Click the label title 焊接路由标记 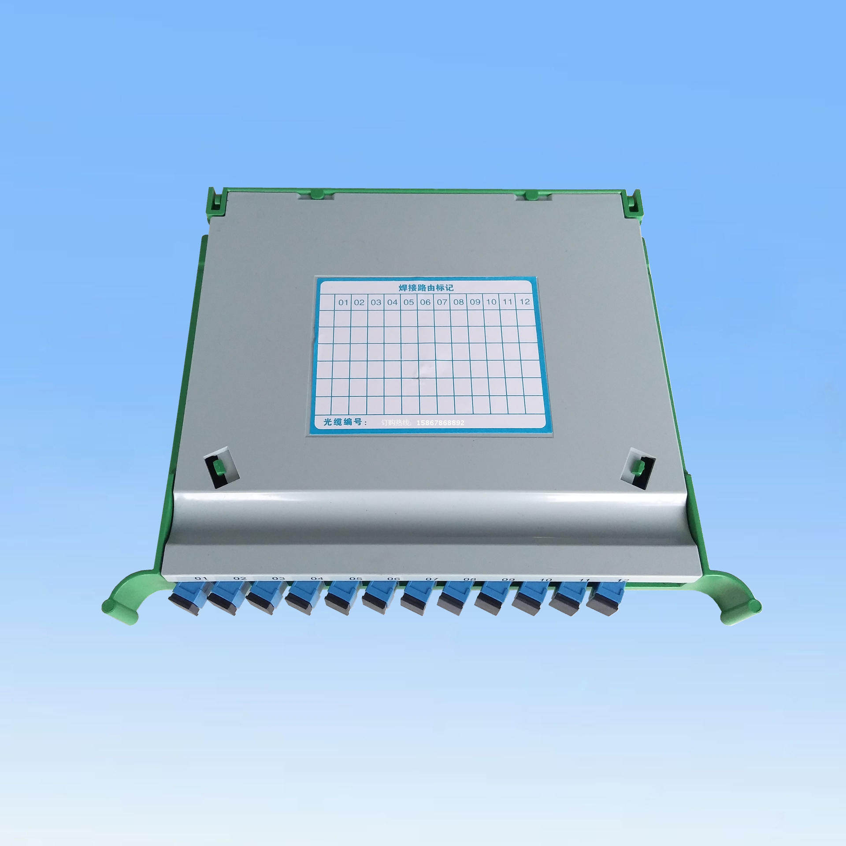click(426, 288)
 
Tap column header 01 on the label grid click(343, 302)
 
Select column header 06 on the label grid click(425, 302)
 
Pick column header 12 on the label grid click(524, 301)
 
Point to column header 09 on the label click(475, 302)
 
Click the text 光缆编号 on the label click(342, 422)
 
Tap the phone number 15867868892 click(440, 423)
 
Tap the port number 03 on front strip click(278, 579)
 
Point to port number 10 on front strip click(545, 580)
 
